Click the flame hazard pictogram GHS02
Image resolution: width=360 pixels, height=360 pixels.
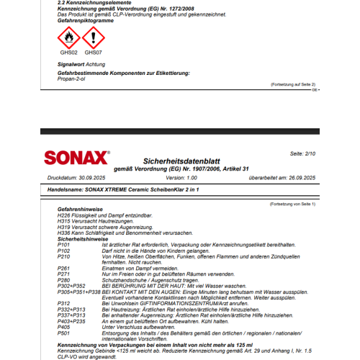(x=68, y=37)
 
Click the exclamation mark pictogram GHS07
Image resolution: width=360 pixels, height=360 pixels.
(x=91, y=37)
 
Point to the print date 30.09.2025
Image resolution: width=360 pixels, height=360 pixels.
(x=91, y=177)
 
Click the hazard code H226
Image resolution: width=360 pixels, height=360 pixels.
(x=63, y=215)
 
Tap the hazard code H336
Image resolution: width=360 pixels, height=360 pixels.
(x=63, y=233)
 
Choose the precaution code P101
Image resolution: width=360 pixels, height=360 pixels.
(x=63, y=245)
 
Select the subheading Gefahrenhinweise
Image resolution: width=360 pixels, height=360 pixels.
(x=78, y=210)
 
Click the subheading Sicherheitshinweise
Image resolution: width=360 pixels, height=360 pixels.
(x=81, y=238)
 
